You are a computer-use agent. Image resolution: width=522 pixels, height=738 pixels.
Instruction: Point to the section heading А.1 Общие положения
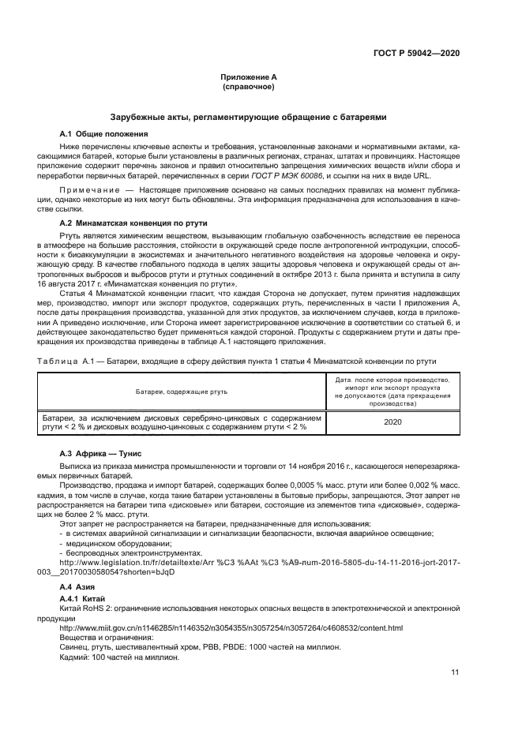99,133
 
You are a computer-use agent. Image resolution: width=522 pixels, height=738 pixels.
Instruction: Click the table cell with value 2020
392,421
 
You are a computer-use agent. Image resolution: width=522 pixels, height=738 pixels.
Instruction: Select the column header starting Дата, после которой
392,391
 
